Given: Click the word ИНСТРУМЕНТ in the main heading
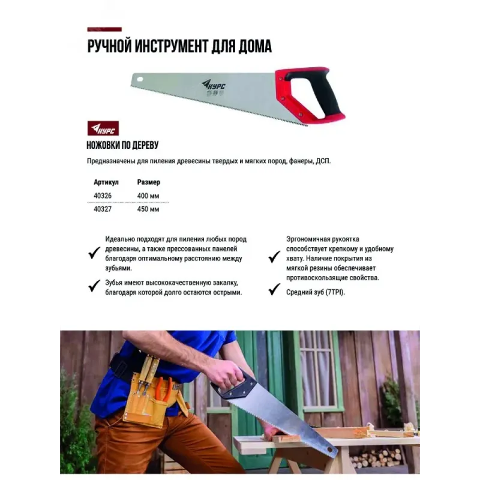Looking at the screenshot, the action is (x=167, y=47).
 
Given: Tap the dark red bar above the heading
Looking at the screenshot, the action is (x=104, y=29).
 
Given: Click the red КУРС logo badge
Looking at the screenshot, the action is (x=103, y=128).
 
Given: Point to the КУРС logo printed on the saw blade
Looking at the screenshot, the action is (x=213, y=85).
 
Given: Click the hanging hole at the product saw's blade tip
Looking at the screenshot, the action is (x=140, y=79).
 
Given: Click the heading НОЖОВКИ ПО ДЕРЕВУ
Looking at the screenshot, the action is (x=122, y=145).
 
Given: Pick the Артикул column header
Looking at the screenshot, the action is (x=106, y=182).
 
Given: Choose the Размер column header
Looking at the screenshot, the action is (x=148, y=182).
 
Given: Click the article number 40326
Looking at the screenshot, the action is (x=103, y=196).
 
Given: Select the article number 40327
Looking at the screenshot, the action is (x=103, y=209).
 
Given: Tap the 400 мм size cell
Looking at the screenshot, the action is (x=148, y=196).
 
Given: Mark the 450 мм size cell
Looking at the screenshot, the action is (x=148, y=209).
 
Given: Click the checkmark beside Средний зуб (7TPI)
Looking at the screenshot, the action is (x=274, y=289).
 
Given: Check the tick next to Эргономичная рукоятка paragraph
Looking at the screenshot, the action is (x=274, y=257).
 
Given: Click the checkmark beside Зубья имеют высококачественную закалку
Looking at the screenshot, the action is (x=94, y=286).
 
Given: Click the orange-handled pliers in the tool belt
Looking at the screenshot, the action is (x=164, y=388).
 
